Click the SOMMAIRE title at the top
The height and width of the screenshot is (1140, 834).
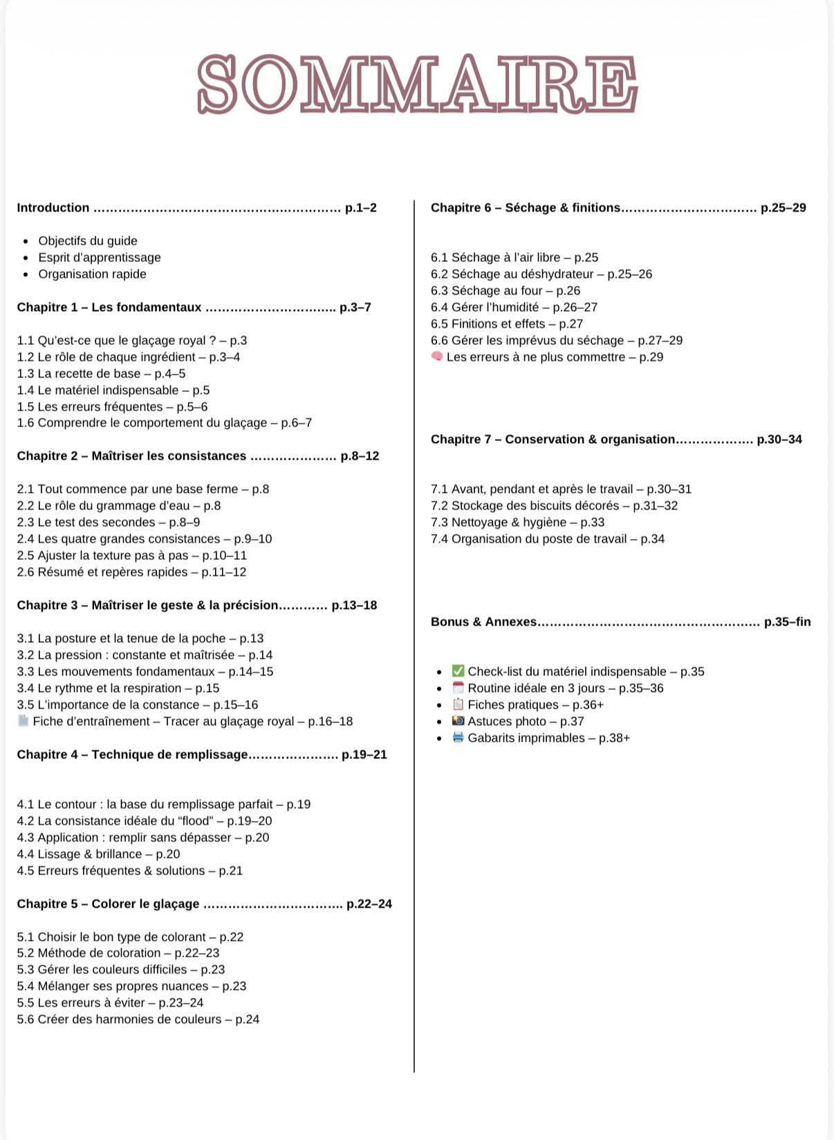[x=417, y=84]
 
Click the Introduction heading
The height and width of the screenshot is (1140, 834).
[x=53, y=207]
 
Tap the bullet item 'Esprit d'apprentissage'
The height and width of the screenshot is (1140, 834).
[x=100, y=257]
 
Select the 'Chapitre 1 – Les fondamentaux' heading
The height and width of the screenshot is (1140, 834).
[x=109, y=307]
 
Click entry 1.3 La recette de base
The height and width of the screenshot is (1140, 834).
[x=101, y=373]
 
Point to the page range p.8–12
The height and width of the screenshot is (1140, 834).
[x=360, y=456]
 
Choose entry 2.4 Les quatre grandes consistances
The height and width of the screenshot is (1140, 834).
[x=144, y=539]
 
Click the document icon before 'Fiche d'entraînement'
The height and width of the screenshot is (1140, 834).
[x=23, y=720]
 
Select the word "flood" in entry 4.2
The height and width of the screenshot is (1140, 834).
[x=194, y=821]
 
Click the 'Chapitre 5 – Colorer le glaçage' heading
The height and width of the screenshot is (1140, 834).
[x=108, y=904]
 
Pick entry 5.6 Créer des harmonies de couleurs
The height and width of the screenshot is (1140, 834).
[x=138, y=1019]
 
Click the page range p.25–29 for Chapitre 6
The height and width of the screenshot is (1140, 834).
[x=783, y=207]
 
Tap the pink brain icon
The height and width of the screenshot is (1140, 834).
[x=436, y=356]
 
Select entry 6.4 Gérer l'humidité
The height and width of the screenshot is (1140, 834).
[x=514, y=307]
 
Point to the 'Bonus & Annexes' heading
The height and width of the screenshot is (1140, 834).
[x=483, y=622]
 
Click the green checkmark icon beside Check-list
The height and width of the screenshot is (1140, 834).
[x=458, y=671]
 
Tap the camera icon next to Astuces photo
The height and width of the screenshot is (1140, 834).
[x=458, y=720]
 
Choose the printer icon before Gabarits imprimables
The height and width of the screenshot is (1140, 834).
[x=458, y=737]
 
